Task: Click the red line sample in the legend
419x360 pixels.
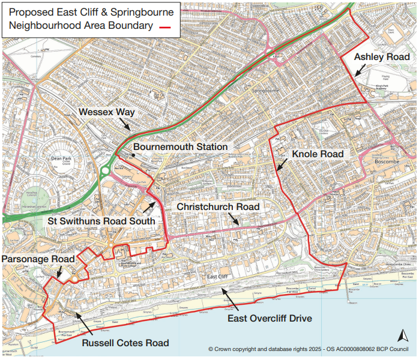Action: [167, 26]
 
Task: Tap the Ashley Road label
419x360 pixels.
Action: [382, 57]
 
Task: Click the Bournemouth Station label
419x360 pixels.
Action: [180, 147]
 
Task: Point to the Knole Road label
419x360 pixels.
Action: [318, 154]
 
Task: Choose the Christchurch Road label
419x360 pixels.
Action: [218, 207]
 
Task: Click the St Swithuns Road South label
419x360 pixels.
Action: [101, 221]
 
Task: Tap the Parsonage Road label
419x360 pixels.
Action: [39, 259]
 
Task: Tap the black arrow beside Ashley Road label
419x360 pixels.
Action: [361, 70]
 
